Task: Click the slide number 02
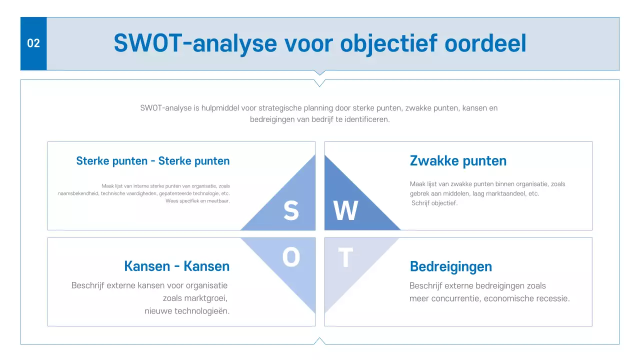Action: (33, 43)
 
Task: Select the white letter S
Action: (291, 210)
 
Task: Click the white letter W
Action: (346, 210)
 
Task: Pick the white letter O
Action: (291, 258)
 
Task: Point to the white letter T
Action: (345, 258)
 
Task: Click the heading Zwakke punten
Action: (458, 161)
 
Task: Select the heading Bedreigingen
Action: (450, 266)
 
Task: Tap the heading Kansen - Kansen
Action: (177, 266)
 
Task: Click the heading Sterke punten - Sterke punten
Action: (153, 161)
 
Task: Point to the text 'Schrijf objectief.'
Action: (434, 203)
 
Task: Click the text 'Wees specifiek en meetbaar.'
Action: (197, 201)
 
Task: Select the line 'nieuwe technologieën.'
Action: (187, 311)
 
